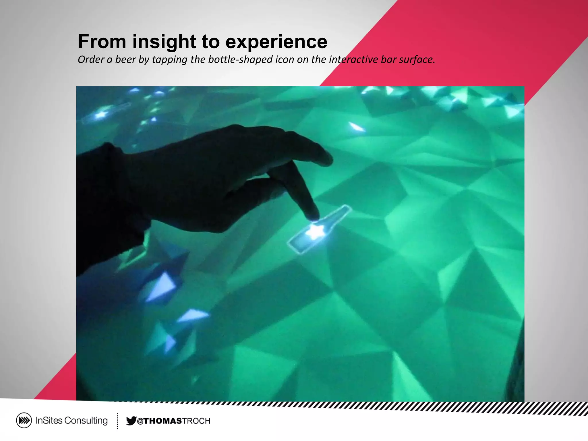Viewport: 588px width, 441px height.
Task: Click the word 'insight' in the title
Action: (164, 42)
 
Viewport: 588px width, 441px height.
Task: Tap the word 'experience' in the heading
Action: (276, 42)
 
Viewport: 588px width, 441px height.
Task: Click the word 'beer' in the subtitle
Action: (125, 59)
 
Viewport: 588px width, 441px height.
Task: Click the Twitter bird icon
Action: (131, 421)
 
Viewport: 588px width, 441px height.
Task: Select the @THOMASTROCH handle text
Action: (174, 421)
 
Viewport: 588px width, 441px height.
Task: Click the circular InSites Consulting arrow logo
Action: (24, 421)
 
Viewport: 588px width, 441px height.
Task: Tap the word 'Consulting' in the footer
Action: (86, 421)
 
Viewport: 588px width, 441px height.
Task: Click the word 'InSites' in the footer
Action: (49, 421)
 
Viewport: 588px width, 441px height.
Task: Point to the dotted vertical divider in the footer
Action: (117, 421)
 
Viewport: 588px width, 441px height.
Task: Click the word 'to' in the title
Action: (210, 42)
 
